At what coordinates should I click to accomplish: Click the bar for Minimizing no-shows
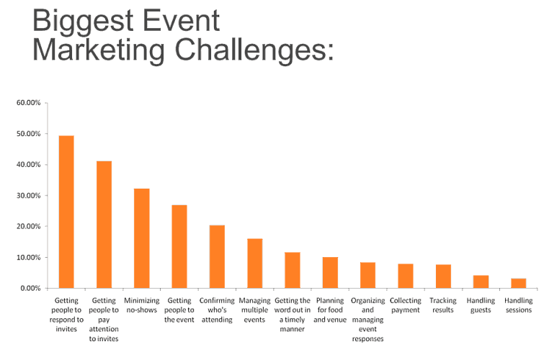click(x=141, y=238)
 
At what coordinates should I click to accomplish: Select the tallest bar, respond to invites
click(x=66, y=212)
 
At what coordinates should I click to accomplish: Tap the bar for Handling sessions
click(x=518, y=284)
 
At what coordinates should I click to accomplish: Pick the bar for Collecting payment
click(x=406, y=276)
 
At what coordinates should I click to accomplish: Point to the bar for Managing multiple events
click(x=254, y=264)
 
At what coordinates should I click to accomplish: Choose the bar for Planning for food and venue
click(x=330, y=273)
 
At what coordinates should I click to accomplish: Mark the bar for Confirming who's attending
click(x=217, y=256)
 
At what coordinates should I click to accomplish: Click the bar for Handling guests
click(x=481, y=282)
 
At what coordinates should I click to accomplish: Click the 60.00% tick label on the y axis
click(x=28, y=103)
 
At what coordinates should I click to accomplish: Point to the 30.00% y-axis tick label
click(x=28, y=196)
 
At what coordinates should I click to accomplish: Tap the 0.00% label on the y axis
click(x=30, y=288)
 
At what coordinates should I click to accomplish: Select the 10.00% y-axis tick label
click(x=28, y=257)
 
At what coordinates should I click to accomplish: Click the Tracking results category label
click(x=443, y=305)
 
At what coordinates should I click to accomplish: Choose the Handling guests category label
click(x=481, y=305)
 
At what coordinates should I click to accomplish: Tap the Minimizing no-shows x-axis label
click(x=141, y=305)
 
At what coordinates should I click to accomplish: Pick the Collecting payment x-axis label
click(x=406, y=305)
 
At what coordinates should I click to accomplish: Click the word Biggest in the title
click(x=84, y=22)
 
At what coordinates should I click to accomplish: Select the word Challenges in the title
click(x=254, y=50)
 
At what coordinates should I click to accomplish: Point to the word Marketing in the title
click(x=99, y=50)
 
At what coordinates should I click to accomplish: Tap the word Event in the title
click(x=182, y=20)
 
